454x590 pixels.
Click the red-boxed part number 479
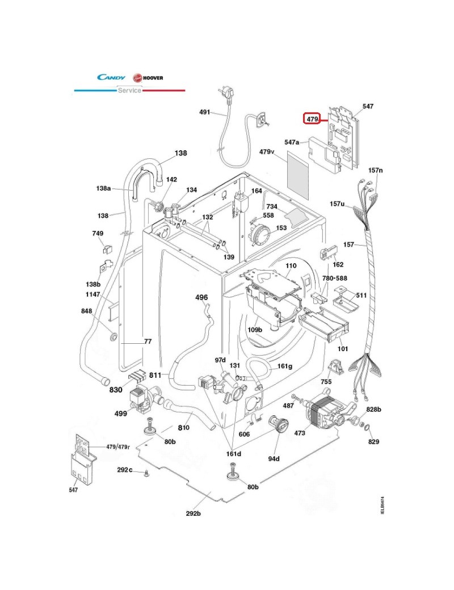(x=312, y=119)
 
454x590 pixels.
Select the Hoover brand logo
(x=148, y=78)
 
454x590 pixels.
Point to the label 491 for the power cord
(x=204, y=112)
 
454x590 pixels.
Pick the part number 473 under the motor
(x=300, y=433)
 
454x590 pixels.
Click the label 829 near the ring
(x=373, y=441)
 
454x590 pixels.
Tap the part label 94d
(x=275, y=458)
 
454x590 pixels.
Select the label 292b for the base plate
(x=194, y=513)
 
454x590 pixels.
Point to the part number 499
(x=120, y=414)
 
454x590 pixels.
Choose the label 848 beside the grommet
(x=86, y=311)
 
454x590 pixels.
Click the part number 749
(x=98, y=234)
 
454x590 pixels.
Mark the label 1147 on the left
(x=93, y=295)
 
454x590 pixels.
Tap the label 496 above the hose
(x=201, y=297)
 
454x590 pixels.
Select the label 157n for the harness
(x=376, y=170)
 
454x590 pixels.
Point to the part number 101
(x=342, y=349)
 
